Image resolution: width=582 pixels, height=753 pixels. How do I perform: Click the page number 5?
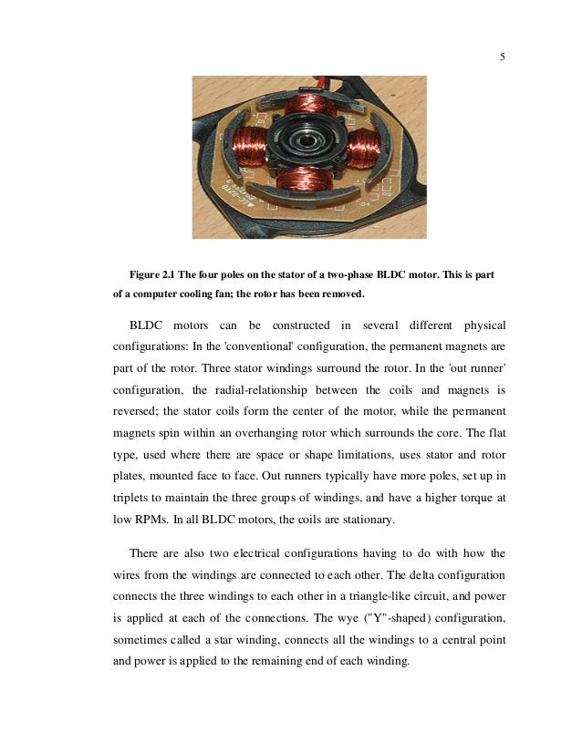[502, 58]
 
